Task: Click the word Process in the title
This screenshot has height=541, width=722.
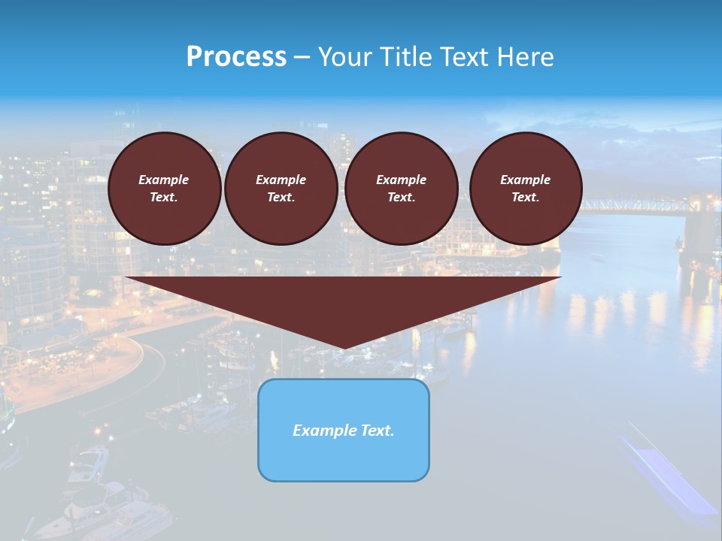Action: (236, 57)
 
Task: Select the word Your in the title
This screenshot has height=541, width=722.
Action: (345, 57)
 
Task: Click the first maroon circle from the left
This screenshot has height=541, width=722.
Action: (164, 189)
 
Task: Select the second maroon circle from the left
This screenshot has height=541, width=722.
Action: (281, 189)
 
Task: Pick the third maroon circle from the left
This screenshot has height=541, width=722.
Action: (401, 189)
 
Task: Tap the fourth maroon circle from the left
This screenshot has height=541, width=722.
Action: (525, 189)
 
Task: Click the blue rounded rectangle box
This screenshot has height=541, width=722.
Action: (344, 430)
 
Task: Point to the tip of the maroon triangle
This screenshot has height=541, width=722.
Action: (344, 348)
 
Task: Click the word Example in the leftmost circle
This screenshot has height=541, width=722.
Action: (164, 180)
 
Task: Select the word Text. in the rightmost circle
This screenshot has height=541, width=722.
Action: (525, 198)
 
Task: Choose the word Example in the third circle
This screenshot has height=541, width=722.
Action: (401, 180)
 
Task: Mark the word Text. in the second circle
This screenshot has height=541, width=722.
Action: (281, 198)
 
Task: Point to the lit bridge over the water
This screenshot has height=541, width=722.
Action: (624, 204)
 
